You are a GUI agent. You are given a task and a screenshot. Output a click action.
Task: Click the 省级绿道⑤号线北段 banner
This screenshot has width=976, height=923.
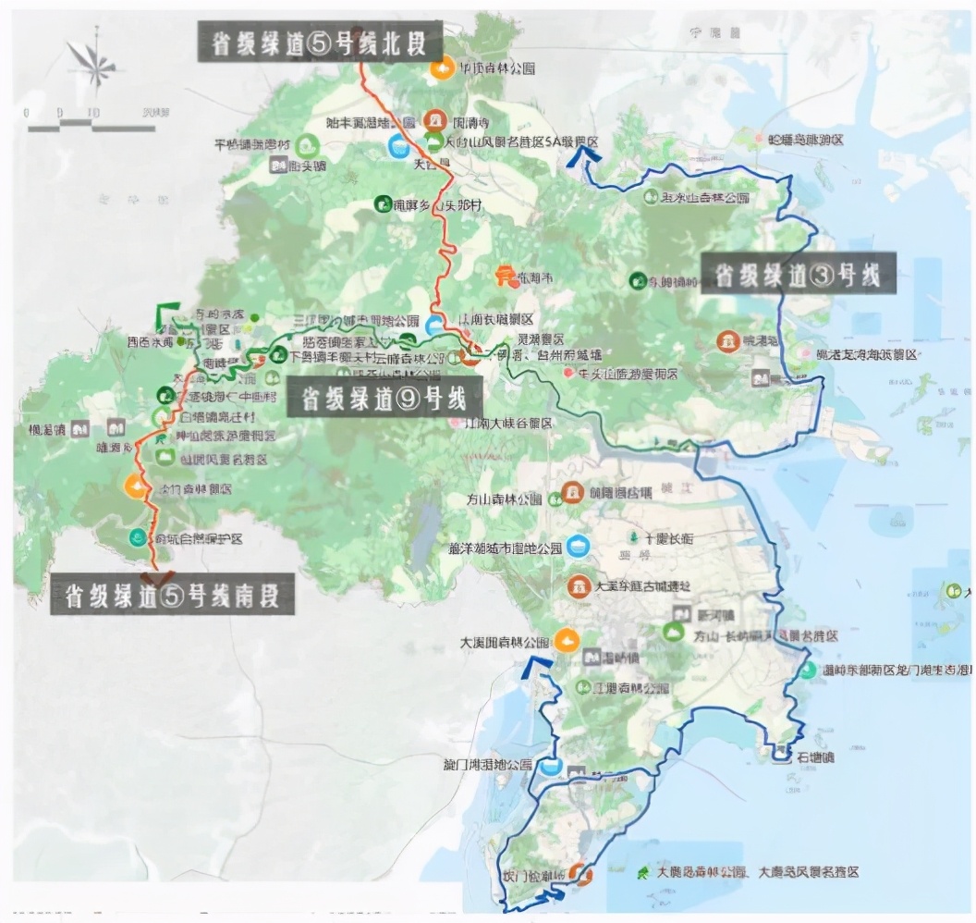coord(320,43)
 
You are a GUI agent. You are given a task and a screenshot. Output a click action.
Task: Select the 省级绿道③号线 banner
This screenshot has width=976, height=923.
coord(798,274)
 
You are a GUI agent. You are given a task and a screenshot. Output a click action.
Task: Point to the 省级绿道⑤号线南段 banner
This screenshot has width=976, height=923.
coord(172,594)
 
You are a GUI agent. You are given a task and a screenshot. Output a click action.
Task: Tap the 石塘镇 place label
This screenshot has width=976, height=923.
coord(814,757)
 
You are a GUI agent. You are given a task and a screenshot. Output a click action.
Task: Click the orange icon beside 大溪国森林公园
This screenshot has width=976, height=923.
coord(567,638)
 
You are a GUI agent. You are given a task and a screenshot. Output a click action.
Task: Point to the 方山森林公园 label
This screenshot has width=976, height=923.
coord(505,498)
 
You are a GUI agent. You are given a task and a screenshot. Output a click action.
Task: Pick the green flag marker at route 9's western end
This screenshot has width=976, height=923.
coord(167,312)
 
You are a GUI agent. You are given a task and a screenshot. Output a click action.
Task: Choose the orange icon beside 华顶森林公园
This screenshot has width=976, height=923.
coord(442,68)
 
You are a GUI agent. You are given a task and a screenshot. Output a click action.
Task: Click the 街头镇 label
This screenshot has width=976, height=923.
coord(308,165)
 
